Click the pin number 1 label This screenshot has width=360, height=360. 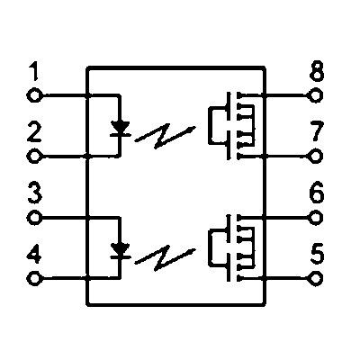[x=35, y=72]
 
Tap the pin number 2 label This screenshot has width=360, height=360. [x=34, y=132]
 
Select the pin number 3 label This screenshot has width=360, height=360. [x=35, y=193]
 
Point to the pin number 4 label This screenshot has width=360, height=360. [x=34, y=255]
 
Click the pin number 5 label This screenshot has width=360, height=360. [x=318, y=254]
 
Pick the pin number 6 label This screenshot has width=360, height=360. [x=317, y=192]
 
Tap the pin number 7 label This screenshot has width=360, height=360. [x=318, y=131]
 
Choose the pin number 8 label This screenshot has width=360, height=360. [x=317, y=71]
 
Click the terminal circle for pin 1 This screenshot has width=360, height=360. [x=34, y=96]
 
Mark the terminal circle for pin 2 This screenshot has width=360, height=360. [x=34, y=157]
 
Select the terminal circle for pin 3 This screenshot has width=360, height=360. [x=34, y=218]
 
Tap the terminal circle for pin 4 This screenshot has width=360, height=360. [x=34, y=278]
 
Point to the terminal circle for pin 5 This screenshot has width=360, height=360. [x=316, y=278]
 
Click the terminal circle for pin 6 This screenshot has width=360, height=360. [x=316, y=218]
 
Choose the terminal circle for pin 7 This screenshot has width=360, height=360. [x=316, y=157]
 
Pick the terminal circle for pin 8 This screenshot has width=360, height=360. [x=316, y=96]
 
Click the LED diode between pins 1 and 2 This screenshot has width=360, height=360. [x=121, y=129]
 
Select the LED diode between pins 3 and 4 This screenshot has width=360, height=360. [x=121, y=251]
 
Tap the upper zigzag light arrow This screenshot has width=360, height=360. [x=165, y=136]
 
